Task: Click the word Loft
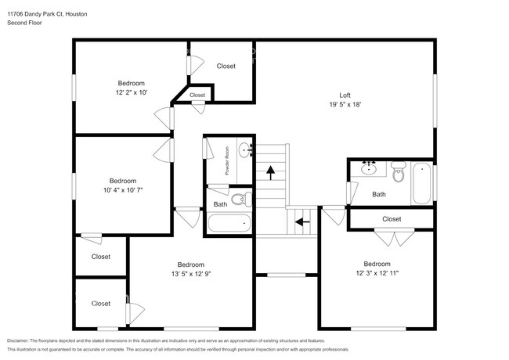(345, 95)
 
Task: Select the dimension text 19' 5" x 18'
(345, 104)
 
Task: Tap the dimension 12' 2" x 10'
(131, 92)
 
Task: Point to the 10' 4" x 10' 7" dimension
(123, 189)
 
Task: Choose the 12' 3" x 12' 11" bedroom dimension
(377, 273)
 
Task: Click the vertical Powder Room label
(227, 160)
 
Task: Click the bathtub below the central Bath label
(230, 223)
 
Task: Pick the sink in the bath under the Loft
(369, 167)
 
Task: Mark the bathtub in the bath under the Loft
(423, 182)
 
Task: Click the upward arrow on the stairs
(271, 171)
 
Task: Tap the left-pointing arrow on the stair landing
(300, 221)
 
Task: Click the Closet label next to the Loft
(226, 66)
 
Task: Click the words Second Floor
(24, 23)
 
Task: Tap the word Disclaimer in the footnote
(20, 341)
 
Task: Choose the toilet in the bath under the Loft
(398, 174)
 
